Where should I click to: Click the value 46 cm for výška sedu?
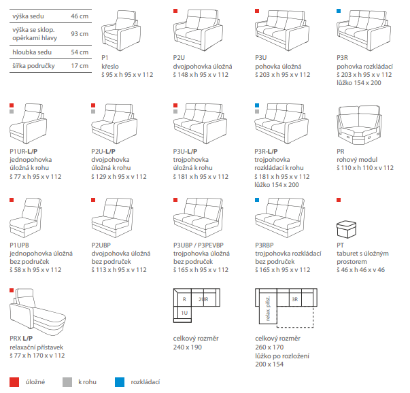pyautogui.click(x=80, y=14)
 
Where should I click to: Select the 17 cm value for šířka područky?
pyautogui.click(x=80, y=66)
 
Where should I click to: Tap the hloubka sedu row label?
pyautogui.click(x=31, y=52)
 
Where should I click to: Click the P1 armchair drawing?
pyautogui.click(x=120, y=31)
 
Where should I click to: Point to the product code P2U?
pyautogui.click(x=180, y=58)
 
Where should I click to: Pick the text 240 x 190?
pyautogui.click(x=188, y=347)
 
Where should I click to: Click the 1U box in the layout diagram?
pyautogui.click(x=184, y=313)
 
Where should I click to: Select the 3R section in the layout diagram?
pyautogui.click(x=294, y=298)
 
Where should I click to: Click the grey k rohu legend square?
pyautogui.click(x=66, y=381)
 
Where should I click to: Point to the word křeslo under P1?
pyautogui.click(x=109, y=67)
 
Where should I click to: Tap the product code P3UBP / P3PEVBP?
pyautogui.click(x=202, y=245)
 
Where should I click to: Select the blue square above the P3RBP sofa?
pyautogui.click(x=257, y=200)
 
